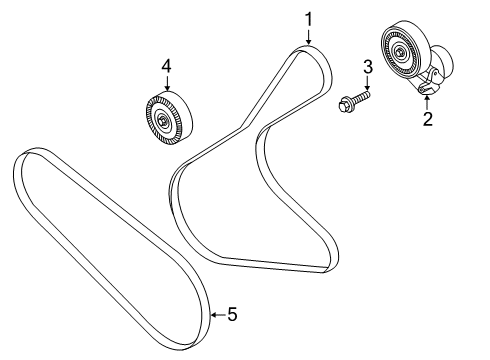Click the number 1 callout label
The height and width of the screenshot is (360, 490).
(x=309, y=17)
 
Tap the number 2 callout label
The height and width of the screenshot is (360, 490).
(x=427, y=120)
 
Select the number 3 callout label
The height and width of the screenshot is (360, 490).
(x=367, y=67)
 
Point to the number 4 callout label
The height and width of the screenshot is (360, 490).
(x=167, y=66)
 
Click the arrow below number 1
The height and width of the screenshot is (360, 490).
(x=309, y=36)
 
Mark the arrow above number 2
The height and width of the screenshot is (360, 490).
(x=427, y=101)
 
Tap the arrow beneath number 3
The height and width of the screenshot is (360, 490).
(x=367, y=84)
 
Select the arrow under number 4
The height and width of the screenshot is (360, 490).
(x=167, y=84)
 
